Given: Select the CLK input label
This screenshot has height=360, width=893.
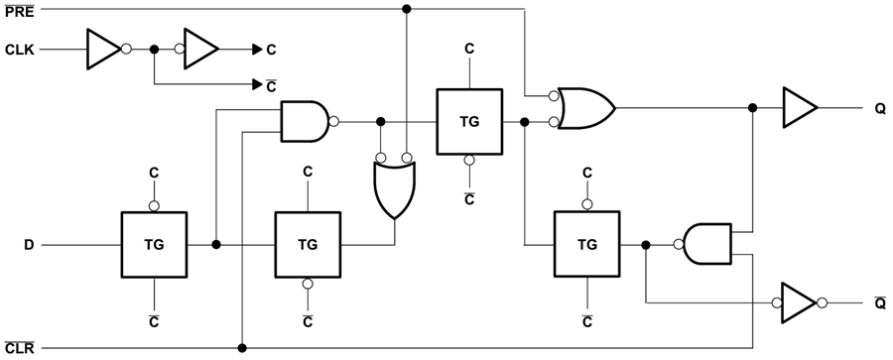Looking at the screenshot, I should [19, 48].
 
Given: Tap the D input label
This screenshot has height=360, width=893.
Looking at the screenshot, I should [29, 243].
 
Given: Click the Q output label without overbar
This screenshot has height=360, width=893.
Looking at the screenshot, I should [880, 108].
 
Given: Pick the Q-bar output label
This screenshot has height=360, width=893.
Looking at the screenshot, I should [880, 302].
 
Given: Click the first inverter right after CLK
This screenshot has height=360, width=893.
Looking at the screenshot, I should [103, 48].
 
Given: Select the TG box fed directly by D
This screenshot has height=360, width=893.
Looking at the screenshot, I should [154, 243].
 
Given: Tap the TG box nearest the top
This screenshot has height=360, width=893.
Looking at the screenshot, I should [469, 121].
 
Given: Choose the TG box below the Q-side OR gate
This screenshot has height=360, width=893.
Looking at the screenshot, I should [587, 243].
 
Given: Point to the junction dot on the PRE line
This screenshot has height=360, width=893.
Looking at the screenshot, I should [406, 9].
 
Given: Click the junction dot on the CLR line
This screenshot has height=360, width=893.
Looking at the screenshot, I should [242, 348].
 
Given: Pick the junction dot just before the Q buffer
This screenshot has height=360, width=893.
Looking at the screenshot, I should [753, 108].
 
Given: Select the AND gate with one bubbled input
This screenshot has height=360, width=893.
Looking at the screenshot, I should [706, 243].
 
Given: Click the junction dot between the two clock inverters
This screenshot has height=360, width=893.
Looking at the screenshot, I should [154, 48].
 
